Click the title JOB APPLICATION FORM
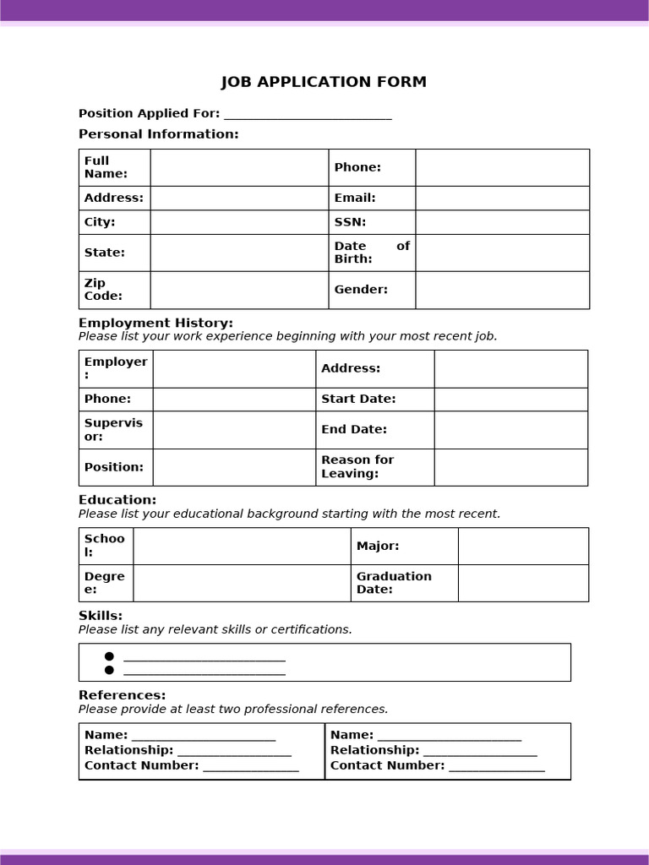(x=324, y=82)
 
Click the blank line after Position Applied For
(x=308, y=114)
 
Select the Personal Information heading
(x=159, y=134)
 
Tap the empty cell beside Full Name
(x=239, y=167)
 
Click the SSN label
(x=350, y=222)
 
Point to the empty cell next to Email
(x=502, y=198)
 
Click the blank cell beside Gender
(x=502, y=290)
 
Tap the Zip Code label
(x=103, y=290)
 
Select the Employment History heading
(x=155, y=323)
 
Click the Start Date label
(x=358, y=399)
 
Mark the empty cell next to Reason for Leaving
(x=510, y=467)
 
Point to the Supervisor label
(x=113, y=430)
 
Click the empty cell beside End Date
(x=510, y=430)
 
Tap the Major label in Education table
(x=378, y=547)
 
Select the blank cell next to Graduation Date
(x=523, y=583)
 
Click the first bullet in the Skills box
(x=109, y=656)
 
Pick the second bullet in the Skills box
(x=109, y=671)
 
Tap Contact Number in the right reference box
(x=387, y=765)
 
